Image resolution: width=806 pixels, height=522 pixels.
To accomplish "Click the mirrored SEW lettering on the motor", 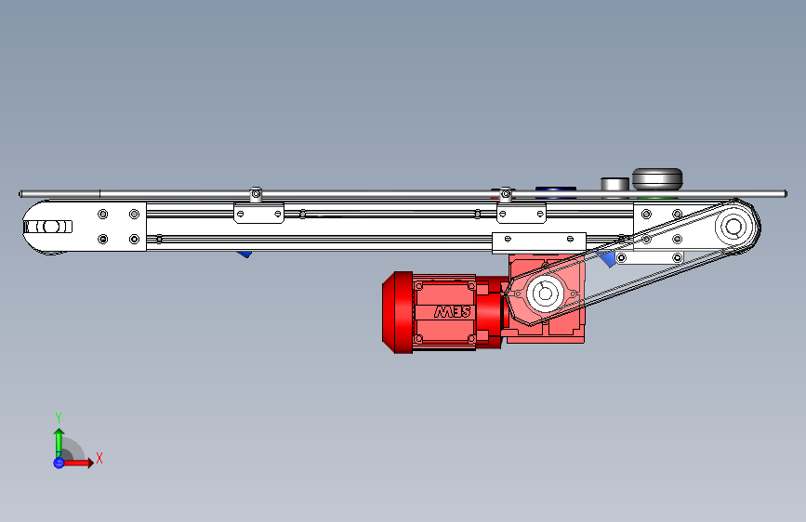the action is click(x=453, y=312).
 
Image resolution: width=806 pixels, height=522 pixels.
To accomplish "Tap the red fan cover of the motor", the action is click(x=397, y=312).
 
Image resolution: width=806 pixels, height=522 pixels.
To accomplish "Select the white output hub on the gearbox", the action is click(x=546, y=294).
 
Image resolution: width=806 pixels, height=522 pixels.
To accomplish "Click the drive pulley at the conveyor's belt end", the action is click(x=733, y=227).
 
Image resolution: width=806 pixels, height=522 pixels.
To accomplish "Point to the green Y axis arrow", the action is click(x=59, y=444).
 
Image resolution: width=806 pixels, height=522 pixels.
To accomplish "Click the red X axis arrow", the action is click(x=77, y=463).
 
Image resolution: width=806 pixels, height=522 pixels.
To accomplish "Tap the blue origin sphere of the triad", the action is click(x=59, y=463).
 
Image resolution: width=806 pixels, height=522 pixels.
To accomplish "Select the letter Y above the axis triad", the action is click(x=59, y=417).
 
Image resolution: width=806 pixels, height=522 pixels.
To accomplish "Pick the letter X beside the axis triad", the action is click(x=99, y=458).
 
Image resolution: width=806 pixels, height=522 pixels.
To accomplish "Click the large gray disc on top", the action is click(x=657, y=178).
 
